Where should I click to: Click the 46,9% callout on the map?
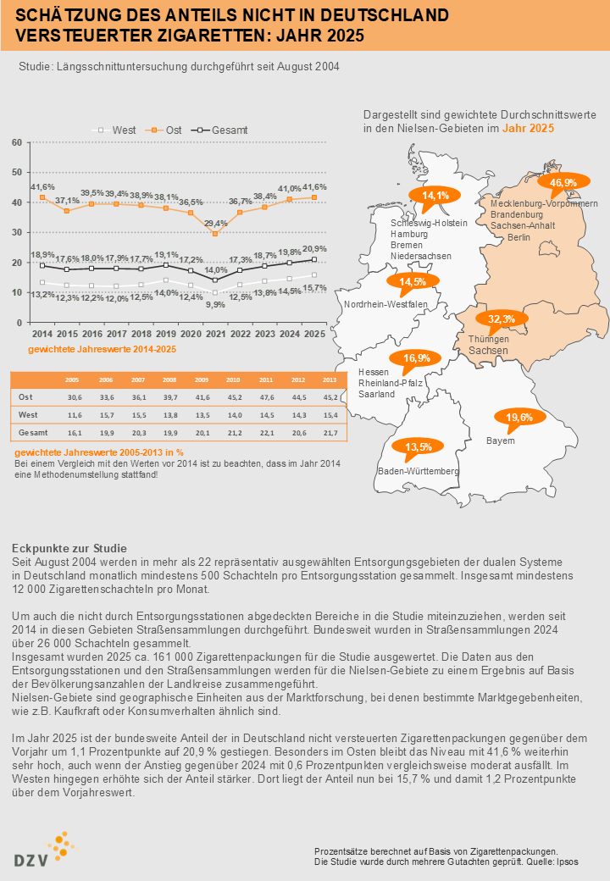(x=563, y=183)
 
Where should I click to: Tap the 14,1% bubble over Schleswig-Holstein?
(x=435, y=196)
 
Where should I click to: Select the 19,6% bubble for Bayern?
(x=519, y=418)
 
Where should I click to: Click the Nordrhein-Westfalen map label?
(x=385, y=304)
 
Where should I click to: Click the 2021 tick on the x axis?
(x=216, y=335)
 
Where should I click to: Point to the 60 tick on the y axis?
(x=17, y=142)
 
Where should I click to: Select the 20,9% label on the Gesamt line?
(x=314, y=249)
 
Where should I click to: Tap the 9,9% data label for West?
(x=216, y=304)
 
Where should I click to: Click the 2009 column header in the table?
(x=201, y=380)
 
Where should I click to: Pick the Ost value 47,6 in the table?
(x=265, y=397)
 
